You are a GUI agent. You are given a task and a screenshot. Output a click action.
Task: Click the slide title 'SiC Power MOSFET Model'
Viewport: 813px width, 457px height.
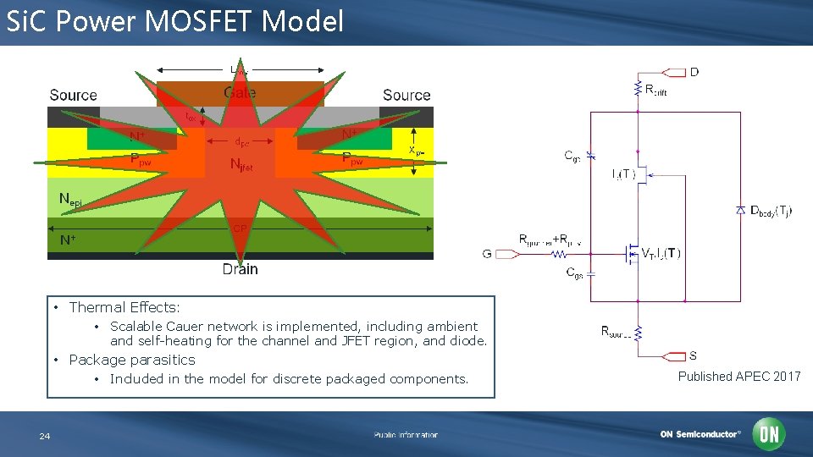tap(174, 21)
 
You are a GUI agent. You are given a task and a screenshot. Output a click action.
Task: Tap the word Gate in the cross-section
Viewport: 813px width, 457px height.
tap(240, 92)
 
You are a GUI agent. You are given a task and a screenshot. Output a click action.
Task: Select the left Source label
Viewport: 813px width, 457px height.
tap(73, 96)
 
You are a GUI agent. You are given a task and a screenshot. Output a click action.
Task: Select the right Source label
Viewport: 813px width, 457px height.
tap(406, 96)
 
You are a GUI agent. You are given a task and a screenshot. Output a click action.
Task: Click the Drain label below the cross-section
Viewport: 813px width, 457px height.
tap(240, 269)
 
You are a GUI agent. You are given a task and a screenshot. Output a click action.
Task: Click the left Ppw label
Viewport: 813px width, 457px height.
tap(139, 158)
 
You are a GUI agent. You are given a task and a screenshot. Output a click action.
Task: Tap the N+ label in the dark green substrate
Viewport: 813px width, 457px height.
tap(67, 240)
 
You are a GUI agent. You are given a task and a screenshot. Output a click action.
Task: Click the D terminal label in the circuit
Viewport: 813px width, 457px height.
tap(694, 72)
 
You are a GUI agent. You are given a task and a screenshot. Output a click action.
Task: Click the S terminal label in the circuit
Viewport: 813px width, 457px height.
tap(694, 355)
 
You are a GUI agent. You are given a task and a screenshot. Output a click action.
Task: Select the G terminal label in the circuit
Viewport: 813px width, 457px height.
tap(487, 253)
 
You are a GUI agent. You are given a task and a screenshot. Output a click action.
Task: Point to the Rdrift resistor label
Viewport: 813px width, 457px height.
tap(655, 90)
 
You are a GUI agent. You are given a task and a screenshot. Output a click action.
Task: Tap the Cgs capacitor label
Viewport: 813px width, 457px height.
tap(573, 273)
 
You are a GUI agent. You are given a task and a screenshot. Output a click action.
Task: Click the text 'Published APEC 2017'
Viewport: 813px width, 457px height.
tap(738, 377)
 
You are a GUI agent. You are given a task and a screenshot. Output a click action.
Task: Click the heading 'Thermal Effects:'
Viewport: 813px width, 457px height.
tap(124, 307)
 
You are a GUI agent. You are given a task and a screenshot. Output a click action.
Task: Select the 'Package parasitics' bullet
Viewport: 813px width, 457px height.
tap(131, 360)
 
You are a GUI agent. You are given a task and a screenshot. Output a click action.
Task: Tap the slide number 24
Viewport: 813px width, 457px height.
tap(45, 436)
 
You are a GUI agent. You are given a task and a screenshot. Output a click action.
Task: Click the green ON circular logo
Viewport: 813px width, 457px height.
tap(769, 434)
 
